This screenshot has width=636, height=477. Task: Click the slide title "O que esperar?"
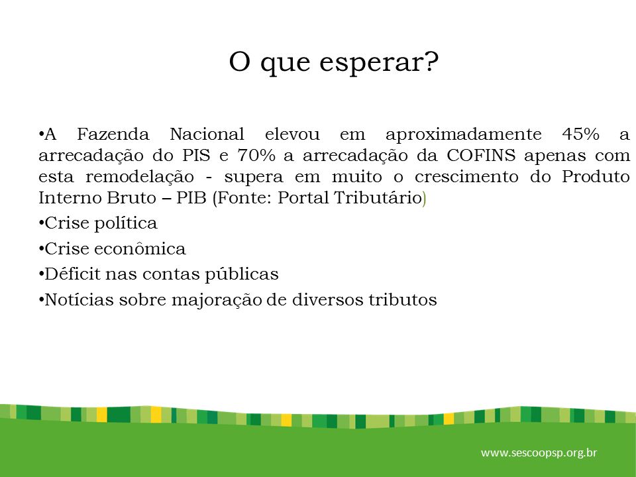[334, 62]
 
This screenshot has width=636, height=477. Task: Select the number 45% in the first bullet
[580, 134]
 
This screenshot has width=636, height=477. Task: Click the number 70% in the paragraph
[256, 155]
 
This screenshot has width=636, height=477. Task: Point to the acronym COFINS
[481, 155]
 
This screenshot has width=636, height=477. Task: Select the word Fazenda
[113, 134]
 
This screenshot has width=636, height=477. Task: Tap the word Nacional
[207, 134]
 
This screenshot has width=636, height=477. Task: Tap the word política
[126, 224]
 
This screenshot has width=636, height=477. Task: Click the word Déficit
[73, 274]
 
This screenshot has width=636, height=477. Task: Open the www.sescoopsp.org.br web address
[539, 452]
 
